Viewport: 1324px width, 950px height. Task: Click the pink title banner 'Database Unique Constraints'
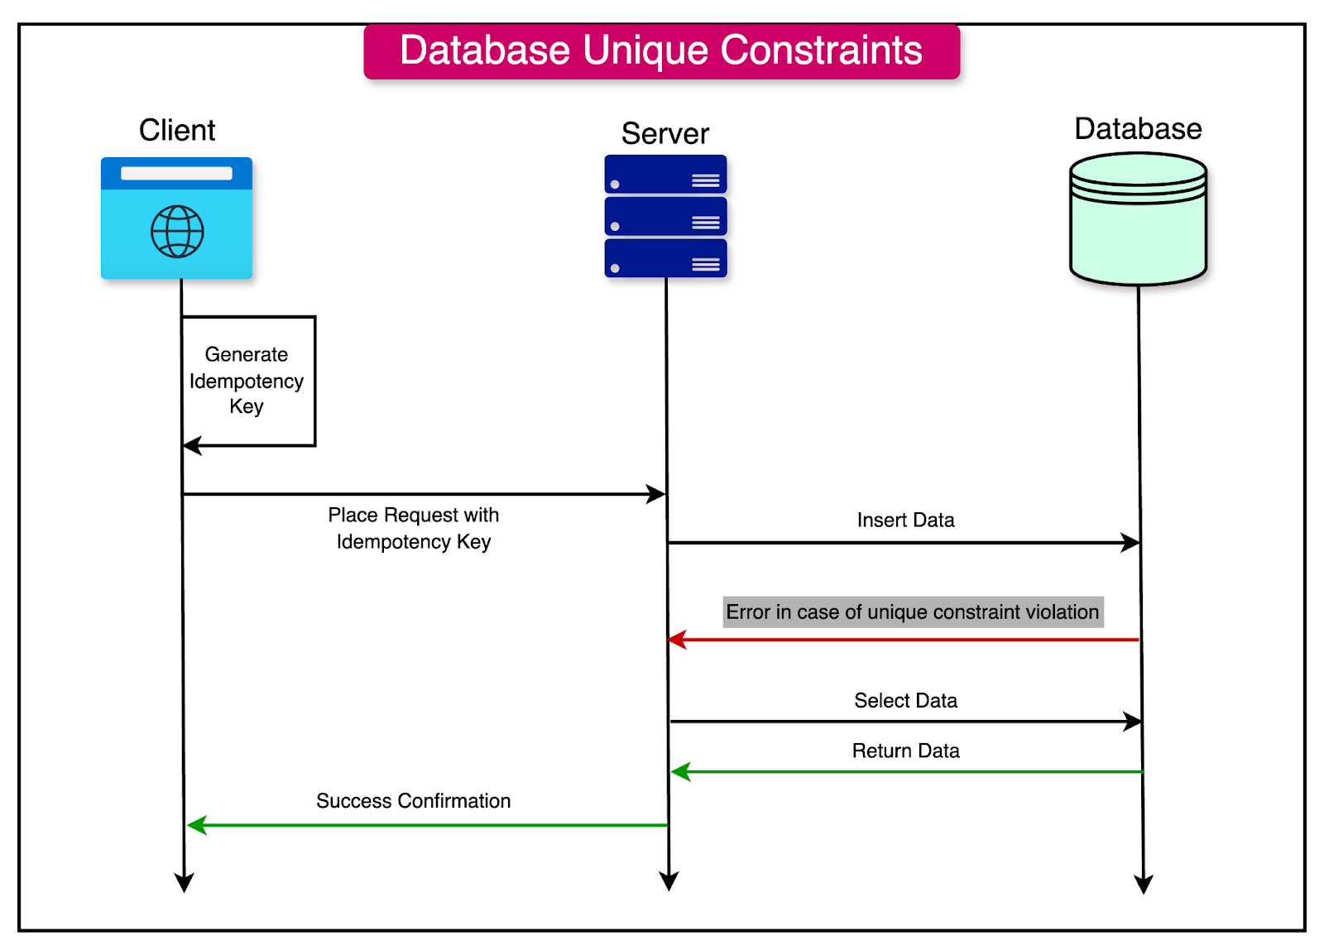pyautogui.click(x=661, y=51)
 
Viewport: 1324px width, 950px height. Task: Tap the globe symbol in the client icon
pyautogui.click(x=177, y=232)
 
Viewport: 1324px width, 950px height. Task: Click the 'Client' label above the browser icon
pyautogui.click(x=176, y=130)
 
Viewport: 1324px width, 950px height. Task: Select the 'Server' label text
pyautogui.click(x=664, y=133)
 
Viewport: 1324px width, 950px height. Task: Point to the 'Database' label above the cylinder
pyautogui.click(x=1137, y=129)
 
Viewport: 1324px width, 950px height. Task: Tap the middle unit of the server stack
pyautogui.click(x=665, y=217)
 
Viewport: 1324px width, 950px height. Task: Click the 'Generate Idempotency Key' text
pyautogui.click(x=247, y=380)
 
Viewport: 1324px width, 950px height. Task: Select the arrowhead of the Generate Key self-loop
pyautogui.click(x=192, y=446)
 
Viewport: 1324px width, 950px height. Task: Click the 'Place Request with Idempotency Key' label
pyautogui.click(x=413, y=528)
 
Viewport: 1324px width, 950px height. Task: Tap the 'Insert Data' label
pyautogui.click(x=905, y=520)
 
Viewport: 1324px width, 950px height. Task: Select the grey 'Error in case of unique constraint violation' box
pyautogui.click(x=913, y=612)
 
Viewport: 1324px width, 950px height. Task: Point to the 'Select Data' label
pyautogui.click(x=905, y=701)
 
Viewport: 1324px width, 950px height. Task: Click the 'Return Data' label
pyautogui.click(x=905, y=751)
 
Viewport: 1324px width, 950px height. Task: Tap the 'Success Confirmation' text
pyautogui.click(x=413, y=801)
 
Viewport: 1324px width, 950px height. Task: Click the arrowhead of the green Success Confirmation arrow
pyautogui.click(x=196, y=825)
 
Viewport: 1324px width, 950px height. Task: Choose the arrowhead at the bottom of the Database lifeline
pyautogui.click(x=1144, y=884)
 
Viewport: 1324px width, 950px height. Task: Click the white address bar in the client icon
pyautogui.click(x=176, y=174)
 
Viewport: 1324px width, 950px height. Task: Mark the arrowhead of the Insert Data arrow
pyautogui.click(x=1130, y=543)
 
